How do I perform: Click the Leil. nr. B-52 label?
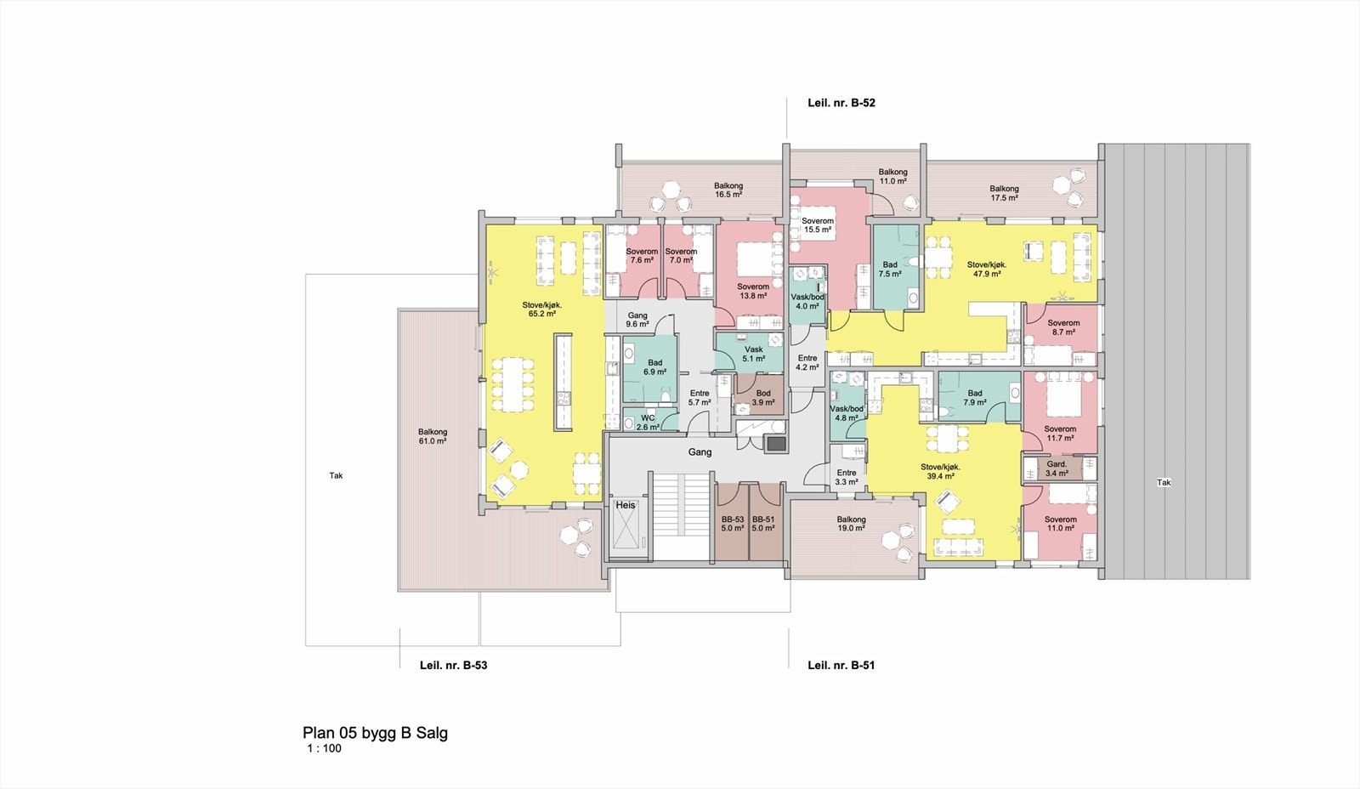(x=841, y=103)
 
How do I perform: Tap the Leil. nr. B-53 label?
(x=453, y=665)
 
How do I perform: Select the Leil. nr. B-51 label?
(x=841, y=665)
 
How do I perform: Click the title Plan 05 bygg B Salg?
(x=375, y=733)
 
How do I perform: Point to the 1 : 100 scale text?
(x=324, y=749)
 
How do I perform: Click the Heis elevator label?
(x=626, y=505)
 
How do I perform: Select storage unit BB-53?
(x=732, y=524)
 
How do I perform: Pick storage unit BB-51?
(x=763, y=524)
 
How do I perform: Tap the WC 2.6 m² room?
(x=648, y=423)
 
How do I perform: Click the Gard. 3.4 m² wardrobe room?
(x=1057, y=468)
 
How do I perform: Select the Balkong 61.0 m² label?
(x=433, y=436)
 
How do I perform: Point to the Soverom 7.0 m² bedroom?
(x=681, y=256)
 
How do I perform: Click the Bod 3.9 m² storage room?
(x=763, y=397)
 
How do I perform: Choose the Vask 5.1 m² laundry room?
(x=753, y=354)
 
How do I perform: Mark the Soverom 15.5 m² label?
(x=818, y=225)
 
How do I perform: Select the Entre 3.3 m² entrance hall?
(x=846, y=477)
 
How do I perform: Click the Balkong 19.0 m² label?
(x=851, y=523)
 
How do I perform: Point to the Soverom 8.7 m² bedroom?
(x=1063, y=327)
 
